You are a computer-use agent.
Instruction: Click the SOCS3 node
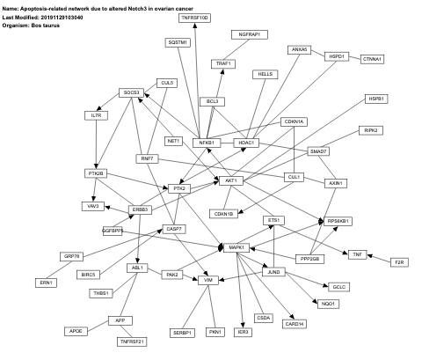click(x=132, y=92)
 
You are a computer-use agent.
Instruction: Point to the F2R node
click(x=399, y=262)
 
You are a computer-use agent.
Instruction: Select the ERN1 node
click(x=46, y=283)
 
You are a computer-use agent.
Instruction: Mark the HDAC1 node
click(x=246, y=143)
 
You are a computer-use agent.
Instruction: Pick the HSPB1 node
click(x=377, y=99)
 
